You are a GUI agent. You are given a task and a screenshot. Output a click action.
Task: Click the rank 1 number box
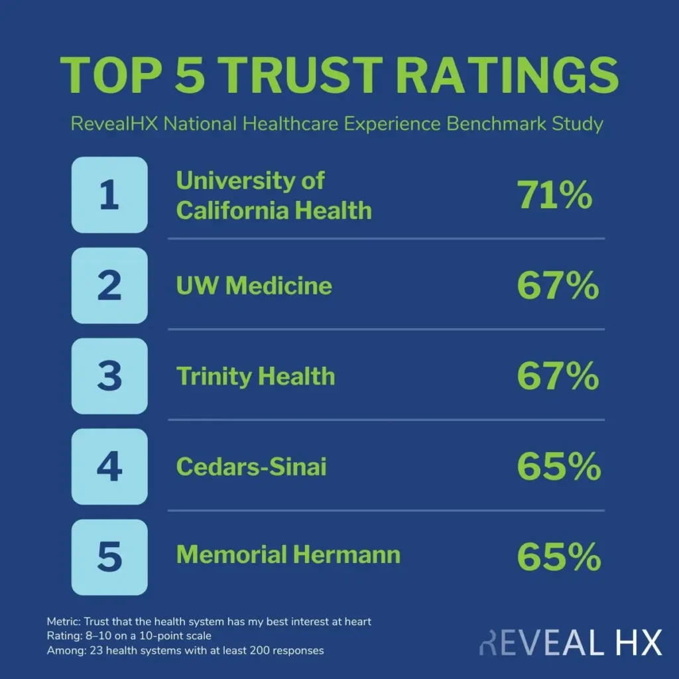click(109, 195)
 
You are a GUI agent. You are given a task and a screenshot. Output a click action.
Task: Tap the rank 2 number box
click(109, 286)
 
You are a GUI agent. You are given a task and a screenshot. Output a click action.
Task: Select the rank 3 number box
click(109, 376)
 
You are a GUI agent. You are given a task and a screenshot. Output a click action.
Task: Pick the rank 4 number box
click(109, 467)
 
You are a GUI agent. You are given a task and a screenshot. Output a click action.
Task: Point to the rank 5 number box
click(109, 557)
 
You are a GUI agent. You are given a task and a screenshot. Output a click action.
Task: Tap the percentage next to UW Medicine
click(558, 286)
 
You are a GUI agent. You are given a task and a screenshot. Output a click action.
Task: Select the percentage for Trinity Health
click(558, 377)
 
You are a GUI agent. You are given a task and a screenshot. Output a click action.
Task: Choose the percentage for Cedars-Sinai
click(558, 467)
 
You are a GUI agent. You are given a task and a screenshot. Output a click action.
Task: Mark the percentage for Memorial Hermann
click(558, 558)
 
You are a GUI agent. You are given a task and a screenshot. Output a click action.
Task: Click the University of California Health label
click(273, 196)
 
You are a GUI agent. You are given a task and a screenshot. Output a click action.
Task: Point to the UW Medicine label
click(254, 286)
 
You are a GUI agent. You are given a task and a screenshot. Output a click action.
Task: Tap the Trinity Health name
click(255, 377)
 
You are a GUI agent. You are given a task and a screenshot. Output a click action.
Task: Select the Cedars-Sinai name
click(251, 467)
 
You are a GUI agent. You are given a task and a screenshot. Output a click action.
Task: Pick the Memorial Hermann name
click(288, 555)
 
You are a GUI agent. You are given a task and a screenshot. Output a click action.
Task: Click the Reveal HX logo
click(570, 643)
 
